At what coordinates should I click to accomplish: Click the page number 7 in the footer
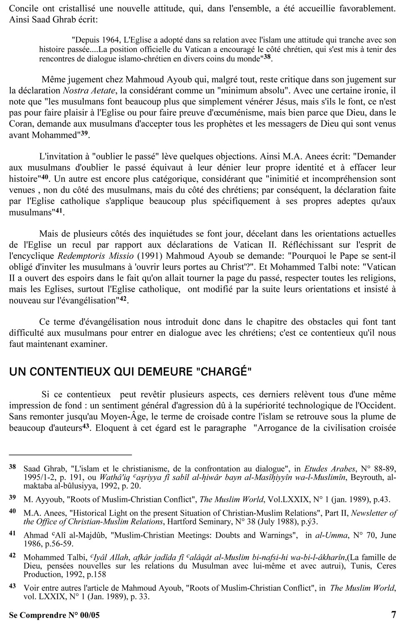[x=394, y=614]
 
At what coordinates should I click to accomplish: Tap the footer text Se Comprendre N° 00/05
[x=54, y=615]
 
